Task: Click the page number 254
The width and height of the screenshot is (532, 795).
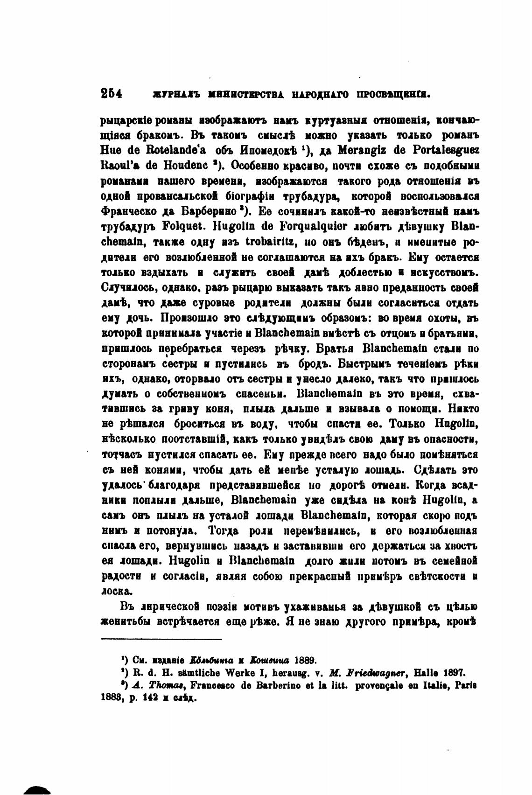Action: (x=112, y=94)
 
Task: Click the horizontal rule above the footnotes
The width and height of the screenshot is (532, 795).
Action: (x=161, y=639)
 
